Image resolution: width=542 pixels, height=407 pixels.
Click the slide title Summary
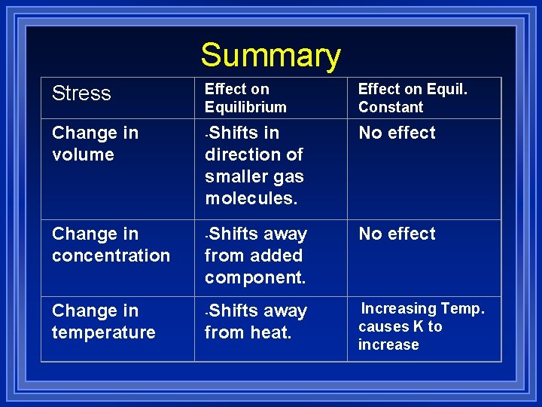click(270, 55)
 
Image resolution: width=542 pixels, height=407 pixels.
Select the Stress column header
click(81, 93)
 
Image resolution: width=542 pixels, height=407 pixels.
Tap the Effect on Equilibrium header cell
click(245, 98)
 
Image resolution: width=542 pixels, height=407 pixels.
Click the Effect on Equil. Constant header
click(413, 98)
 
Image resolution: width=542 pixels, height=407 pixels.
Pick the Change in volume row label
click(95, 143)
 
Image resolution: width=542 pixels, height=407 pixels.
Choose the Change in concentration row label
click(111, 244)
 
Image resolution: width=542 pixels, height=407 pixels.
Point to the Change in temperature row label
click(103, 321)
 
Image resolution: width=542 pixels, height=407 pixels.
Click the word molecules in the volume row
click(251, 198)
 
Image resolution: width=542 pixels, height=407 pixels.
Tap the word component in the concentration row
click(254, 277)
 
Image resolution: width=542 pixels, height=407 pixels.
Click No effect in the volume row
click(397, 133)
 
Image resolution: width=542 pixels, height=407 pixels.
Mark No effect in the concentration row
click(397, 234)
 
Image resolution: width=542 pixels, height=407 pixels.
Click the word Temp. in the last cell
click(462, 308)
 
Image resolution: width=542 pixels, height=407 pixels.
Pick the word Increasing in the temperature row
click(399, 308)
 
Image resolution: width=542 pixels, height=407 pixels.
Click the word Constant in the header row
click(391, 107)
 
